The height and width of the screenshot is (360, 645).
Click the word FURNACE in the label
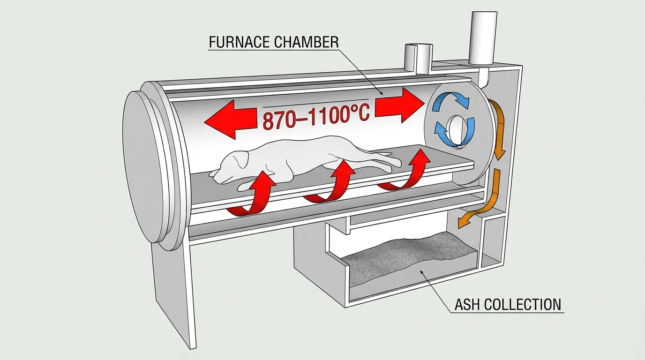(x=237, y=42)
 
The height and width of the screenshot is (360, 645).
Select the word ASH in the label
(x=467, y=304)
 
